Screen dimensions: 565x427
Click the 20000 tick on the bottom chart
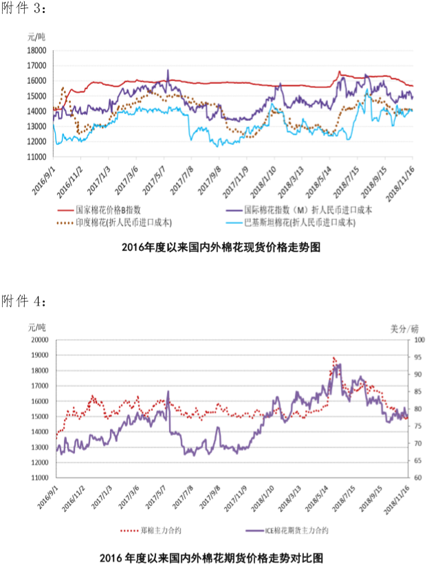38,340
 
